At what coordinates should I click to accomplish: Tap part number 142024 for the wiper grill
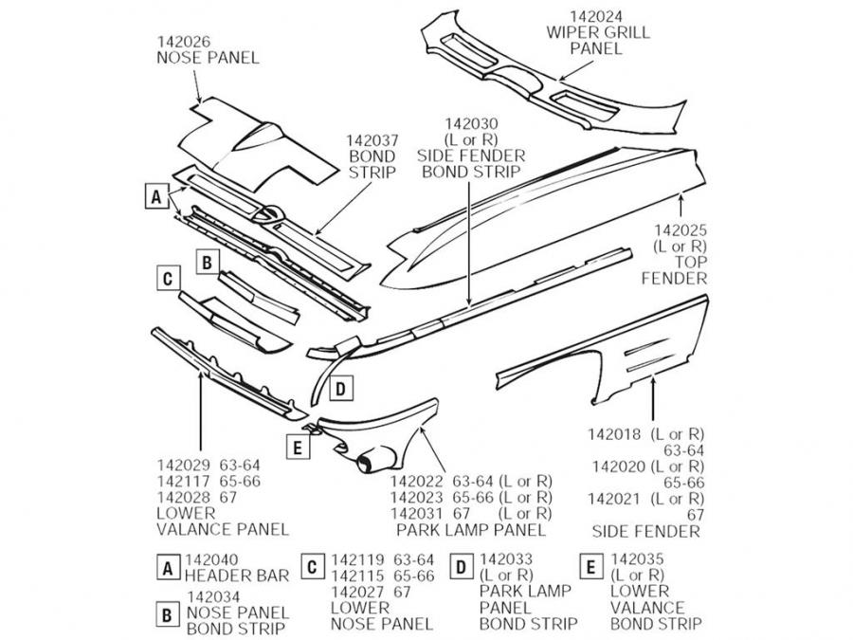(x=596, y=16)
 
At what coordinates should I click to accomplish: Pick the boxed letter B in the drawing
(x=208, y=261)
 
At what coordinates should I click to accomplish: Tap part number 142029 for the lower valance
(x=183, y=466)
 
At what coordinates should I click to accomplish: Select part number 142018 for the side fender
(x=615, y=434)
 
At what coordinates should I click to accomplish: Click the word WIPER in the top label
(x=571, y=32)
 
